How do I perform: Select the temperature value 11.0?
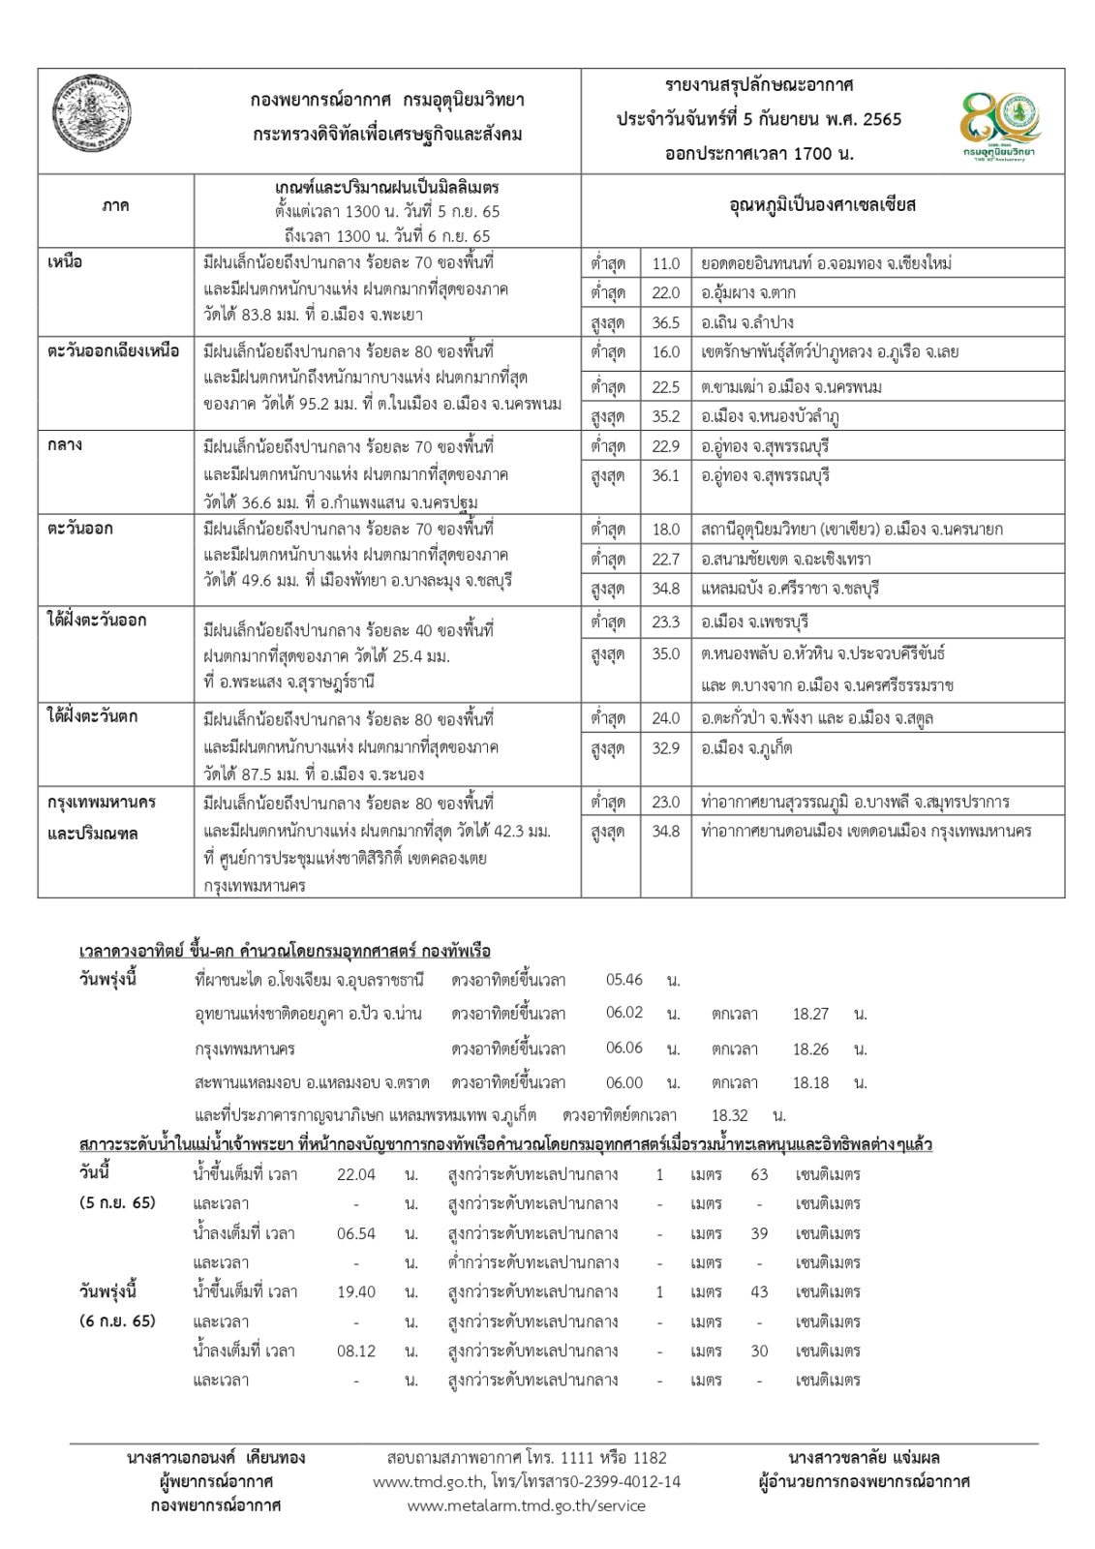pos(665,263)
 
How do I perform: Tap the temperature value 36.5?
pos(665,322)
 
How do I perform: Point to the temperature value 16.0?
pos(665,352)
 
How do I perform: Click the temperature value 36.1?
pos(665,476)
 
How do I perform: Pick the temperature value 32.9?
pos(665,748)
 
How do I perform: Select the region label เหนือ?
pos(65,262)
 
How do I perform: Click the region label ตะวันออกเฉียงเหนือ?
pos(113,351)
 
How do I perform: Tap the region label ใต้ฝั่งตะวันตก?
pos(93,716)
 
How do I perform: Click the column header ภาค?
pos(115,206)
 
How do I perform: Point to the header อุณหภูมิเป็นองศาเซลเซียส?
pos(822,205)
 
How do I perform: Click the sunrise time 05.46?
pos(624,980)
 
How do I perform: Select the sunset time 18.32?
pos(730,1115)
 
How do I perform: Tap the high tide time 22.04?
pos(355,1174)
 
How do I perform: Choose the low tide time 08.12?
pos(355,1351)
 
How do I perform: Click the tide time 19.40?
pos(355,1291)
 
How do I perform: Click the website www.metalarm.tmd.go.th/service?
pos(526,1505)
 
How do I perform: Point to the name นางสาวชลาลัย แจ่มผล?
pos(864,1457)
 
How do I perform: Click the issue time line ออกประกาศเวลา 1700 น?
pos(759,153)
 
